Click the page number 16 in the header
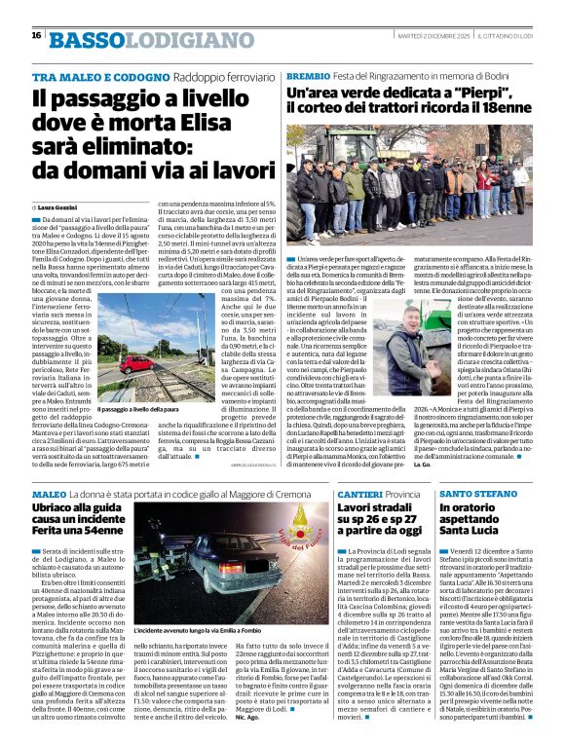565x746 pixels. pyautogui.click(x=36, y=35)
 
